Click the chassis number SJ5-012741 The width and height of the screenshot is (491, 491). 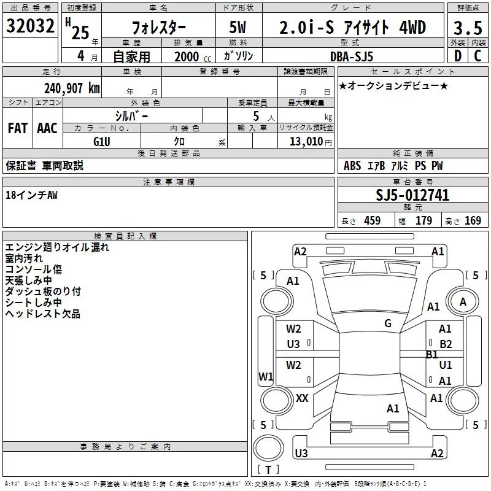412,195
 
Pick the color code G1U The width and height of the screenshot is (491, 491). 101,141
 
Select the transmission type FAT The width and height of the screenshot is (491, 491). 17,128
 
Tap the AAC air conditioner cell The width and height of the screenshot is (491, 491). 47,128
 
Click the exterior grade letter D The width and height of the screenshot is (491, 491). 457,56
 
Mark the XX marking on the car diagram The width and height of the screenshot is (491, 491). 302,398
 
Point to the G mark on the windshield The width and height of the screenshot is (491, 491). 387,323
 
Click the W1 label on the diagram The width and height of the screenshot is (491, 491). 266,376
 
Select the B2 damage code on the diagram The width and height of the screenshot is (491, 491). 446,344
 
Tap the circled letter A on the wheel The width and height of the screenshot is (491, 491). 463,301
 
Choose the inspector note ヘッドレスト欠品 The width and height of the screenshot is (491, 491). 42,314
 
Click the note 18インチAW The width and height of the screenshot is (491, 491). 31,195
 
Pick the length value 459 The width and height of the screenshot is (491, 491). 372,221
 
